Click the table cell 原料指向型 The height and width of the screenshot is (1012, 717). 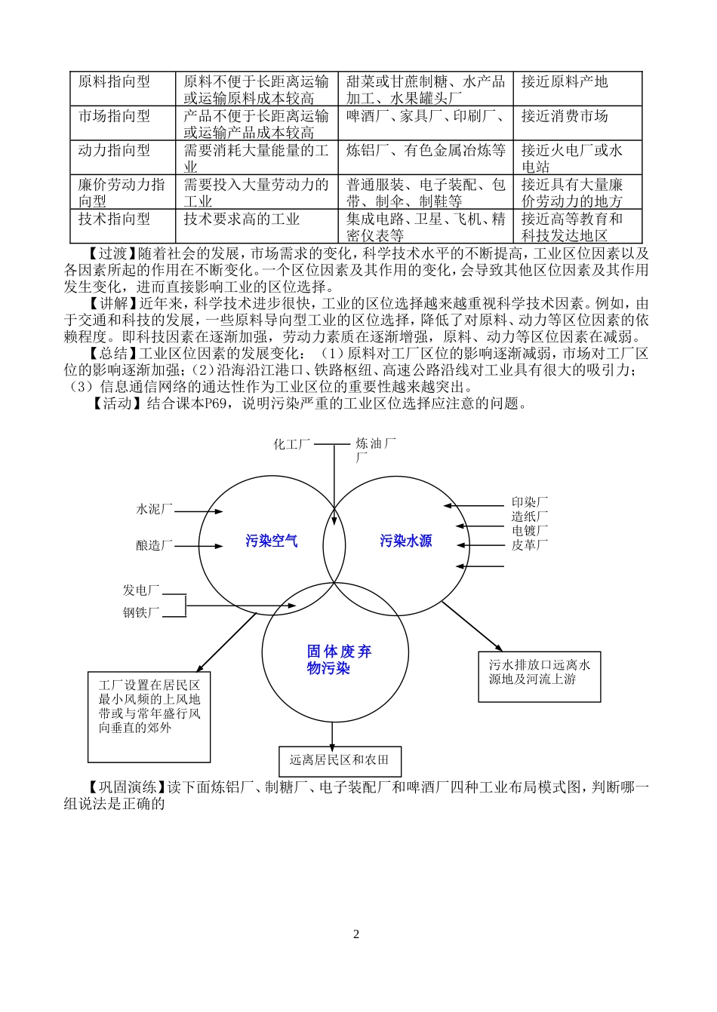(x=114, y=81)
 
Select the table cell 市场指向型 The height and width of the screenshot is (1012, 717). (x=114, y=116)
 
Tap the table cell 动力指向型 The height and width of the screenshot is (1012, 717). (x=114, y=151)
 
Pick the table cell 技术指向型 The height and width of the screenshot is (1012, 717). (x=114, y=219)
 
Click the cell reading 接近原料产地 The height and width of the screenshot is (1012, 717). (x=564, y=81)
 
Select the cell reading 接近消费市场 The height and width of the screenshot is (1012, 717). (x=564, y=116)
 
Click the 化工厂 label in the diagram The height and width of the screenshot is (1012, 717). (x=292, y=445)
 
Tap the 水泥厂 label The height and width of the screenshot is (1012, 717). (x=155, y=510)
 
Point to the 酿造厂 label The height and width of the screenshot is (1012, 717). (x=155, y=545)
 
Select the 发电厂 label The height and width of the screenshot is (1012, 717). (x=142, y=590)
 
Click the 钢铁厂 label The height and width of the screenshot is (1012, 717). (x=142, y=613)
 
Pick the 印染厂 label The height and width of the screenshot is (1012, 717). (x=530, y=502)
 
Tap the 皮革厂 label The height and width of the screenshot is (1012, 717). (x=530, y=544)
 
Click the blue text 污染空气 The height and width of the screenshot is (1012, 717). (x=272, y=541)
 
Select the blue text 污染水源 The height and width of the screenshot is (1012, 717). (x=406, y=541)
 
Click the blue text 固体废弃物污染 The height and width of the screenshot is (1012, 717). (x=338, y=660)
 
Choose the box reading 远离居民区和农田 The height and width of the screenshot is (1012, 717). (x=339, y=760)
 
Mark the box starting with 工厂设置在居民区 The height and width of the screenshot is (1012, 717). (x=149, y=707)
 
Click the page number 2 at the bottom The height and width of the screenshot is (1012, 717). (x=356, y=934)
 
